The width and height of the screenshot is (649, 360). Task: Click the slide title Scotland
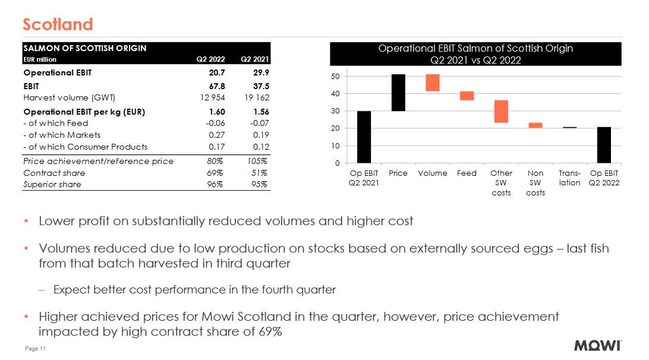58,24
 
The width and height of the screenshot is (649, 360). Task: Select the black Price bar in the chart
398,93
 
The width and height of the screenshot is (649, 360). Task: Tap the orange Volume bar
433,83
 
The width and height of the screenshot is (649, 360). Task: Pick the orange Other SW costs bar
501,112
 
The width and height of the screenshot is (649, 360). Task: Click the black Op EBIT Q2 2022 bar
604,145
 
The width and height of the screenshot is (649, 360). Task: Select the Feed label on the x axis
467,173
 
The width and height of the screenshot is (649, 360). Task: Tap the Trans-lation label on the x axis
569,178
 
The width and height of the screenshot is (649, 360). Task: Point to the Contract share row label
54,173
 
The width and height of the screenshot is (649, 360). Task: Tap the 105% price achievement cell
257,161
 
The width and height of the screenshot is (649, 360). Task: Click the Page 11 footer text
35,349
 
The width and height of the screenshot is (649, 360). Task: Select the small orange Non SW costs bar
535,125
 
